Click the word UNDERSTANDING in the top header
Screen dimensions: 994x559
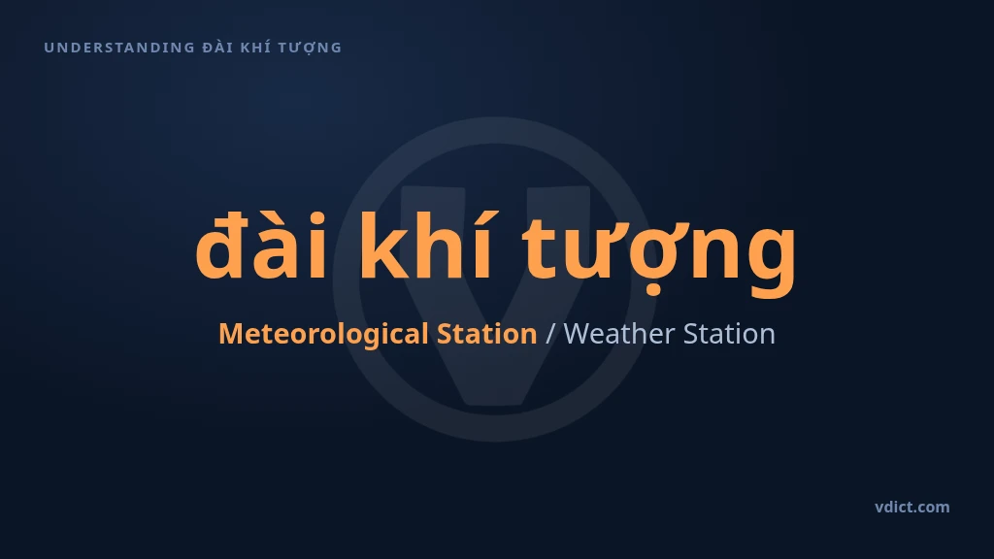(119, 48)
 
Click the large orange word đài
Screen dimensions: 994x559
(260, 245)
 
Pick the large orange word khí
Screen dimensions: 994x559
(425, 245)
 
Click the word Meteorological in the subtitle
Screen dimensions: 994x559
(323, 334)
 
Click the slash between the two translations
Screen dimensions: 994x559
(549, 334)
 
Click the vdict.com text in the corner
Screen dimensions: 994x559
(912, 507)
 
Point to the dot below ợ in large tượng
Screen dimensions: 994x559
(653, 291)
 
